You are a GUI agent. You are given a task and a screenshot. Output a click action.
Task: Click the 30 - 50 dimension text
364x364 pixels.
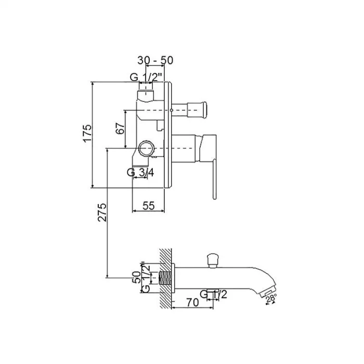click(x=155, y=60)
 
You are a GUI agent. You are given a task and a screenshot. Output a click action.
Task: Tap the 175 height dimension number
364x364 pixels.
click(x=87, y=134)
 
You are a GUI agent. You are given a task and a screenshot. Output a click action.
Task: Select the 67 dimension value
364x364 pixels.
click(x=120, y=128)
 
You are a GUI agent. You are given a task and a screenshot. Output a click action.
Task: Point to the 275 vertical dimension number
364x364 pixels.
click(x=102, y=212)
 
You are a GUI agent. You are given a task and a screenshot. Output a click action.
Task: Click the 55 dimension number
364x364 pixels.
click(x=149, y=206)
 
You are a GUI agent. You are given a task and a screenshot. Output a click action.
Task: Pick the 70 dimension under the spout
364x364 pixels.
click(x=192, y=302)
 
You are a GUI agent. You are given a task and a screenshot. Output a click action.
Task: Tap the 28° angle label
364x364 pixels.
click(x=271, y=298)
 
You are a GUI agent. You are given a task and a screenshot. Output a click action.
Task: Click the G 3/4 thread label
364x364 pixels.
click(x=140, y=173)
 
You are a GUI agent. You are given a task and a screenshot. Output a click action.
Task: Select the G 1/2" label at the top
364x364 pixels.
click(x=146, y=77)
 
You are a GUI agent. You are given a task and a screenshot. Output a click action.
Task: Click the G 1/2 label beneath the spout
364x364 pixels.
click(x=214, y=294)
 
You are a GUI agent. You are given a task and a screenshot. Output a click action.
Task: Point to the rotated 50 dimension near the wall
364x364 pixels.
click(x=136, y=277)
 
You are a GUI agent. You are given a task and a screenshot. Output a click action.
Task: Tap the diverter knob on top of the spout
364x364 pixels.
click(x=213, y=261)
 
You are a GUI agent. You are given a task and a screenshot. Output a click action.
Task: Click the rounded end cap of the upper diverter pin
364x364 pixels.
click(x=204, y=110)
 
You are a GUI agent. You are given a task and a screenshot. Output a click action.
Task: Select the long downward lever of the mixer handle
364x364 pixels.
click(x=214, y=179)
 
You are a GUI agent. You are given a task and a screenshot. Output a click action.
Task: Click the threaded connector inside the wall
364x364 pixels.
click(x=166, y=278)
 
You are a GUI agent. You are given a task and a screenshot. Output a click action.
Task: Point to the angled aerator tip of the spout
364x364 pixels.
click(x=267, y=291)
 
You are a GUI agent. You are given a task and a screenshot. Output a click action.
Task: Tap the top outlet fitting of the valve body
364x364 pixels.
click(x=146, y=92)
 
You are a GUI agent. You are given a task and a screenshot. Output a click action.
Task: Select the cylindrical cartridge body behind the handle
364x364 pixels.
click(x=184, y=148)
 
